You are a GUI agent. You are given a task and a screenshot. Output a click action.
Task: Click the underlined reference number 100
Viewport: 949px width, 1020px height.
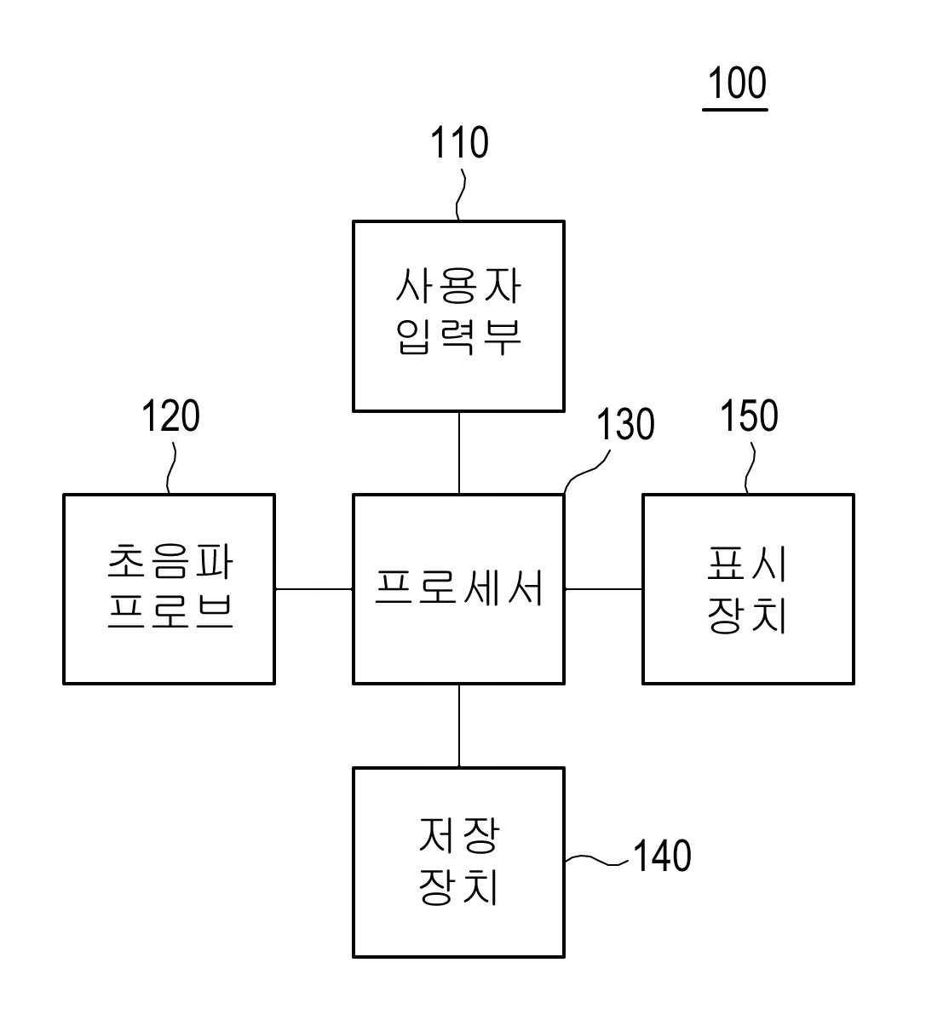point(737,84)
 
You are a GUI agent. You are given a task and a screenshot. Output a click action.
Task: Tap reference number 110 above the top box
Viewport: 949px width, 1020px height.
point(459,143)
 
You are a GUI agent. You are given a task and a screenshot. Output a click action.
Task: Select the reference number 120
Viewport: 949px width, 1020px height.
point(170,416)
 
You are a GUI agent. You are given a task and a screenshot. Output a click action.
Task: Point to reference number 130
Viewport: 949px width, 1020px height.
point(625,424)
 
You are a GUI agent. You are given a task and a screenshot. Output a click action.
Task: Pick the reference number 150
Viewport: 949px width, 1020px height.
point(750,416)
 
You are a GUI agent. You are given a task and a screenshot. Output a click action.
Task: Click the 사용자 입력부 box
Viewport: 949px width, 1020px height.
point(459,317)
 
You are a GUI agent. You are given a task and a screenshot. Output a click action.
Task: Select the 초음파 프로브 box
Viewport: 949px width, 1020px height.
point(170,589)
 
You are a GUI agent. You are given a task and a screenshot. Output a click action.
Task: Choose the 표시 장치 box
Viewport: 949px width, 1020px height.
point(748,589)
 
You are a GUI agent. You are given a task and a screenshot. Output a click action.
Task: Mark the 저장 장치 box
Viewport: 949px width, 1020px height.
point(459,862)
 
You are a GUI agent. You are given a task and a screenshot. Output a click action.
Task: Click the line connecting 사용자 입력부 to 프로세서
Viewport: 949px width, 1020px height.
point(459,453)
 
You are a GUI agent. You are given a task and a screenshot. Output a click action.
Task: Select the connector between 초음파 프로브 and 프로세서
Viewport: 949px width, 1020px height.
point(314,588)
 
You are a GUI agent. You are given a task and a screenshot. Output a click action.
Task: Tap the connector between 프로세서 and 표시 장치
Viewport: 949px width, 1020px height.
point(603,588)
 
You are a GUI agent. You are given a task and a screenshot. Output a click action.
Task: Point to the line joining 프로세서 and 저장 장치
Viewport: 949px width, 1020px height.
point(459,725)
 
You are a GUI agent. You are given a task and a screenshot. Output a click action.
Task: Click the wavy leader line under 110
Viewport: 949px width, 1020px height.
point(461,196)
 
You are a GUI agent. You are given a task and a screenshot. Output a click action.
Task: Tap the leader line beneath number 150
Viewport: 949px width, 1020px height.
point(751,469)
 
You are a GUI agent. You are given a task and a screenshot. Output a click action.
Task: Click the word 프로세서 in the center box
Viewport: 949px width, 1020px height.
point(459,587)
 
